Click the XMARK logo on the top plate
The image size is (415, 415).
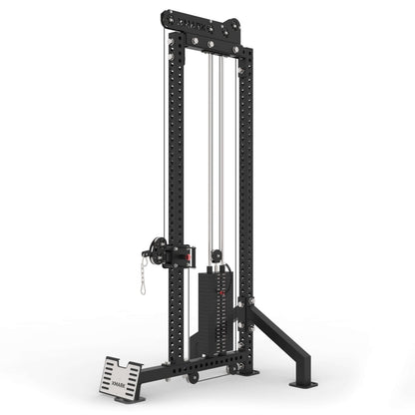point(204,19)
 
